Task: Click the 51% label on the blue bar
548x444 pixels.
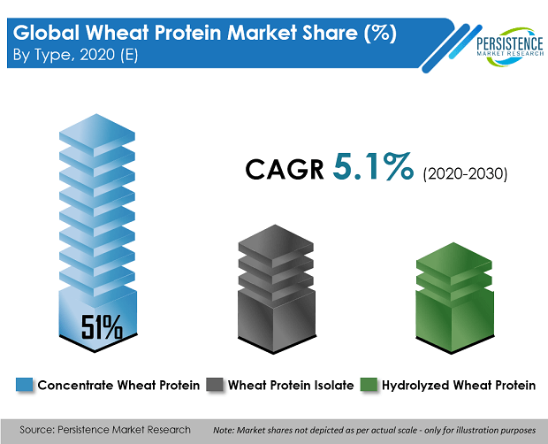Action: tap(102, 327)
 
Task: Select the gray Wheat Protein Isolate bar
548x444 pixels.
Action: tap(277, 289)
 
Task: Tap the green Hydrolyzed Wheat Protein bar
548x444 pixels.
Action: tap(454, 298)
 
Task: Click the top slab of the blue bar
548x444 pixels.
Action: tap(97, 134)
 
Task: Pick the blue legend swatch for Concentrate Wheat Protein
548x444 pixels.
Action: tap(25, 385)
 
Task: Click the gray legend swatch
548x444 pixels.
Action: tap(214, 385)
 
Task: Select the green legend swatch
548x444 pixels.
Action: tap(369, 385)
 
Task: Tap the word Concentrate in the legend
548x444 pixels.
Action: tap(75, 386)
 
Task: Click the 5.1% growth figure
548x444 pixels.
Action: tap(373, 167)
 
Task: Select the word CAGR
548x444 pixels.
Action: tap(285, 169)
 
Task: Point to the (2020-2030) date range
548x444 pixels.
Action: tap(465, 173)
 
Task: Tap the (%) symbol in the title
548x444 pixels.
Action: tap(381, 33)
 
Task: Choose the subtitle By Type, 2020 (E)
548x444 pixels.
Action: tap(75, 55)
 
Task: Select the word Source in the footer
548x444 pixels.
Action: tap(35, 429)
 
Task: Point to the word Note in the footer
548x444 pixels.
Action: tap(224, 430)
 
